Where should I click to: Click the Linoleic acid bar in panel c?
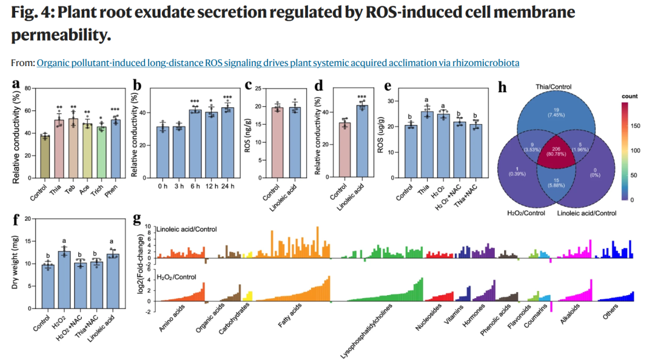coord(295,143)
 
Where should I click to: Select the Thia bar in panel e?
coord(427,144)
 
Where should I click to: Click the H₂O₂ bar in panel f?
coord(64,280)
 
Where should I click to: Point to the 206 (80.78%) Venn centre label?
coord(556,152)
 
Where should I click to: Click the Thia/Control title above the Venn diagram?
coord(554,87)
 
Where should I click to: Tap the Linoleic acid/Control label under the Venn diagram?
coord(586,213)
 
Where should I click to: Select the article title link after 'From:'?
coord(278,63)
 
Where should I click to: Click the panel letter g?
coord(136,218)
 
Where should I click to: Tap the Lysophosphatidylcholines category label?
coord(366,331)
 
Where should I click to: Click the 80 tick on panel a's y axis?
coord(27,88)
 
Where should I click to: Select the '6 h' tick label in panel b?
coord(195,186)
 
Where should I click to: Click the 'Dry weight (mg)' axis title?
coord(15,264)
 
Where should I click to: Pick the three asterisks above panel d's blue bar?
coord(361,98)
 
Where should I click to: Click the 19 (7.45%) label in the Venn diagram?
coord(556,112)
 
